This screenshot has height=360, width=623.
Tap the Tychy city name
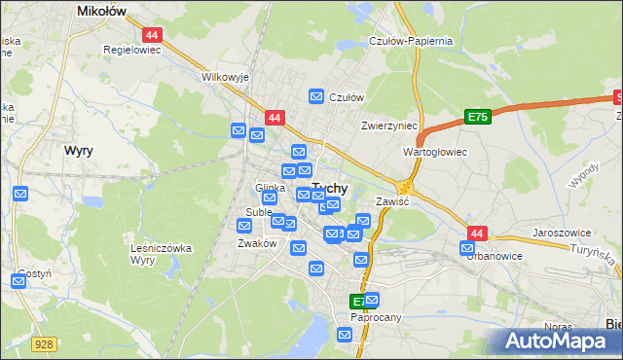click(330, 190)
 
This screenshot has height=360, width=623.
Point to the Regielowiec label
click(131, 48)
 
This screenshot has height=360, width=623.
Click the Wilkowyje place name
click(226, 76)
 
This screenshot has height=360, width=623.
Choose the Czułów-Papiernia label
click(412, 41)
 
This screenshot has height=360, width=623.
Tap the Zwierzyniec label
click(388, 126)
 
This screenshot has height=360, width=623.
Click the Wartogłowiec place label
click(435, 153)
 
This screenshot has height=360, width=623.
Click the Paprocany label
click(377, 316)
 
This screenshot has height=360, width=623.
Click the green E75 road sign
click(477, 117)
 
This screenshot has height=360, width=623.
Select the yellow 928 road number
click(42, 343)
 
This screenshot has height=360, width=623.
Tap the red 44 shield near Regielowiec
click(154, 34)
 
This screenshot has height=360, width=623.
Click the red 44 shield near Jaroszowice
click(477, 234)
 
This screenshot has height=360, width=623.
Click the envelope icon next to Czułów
click(316, 96)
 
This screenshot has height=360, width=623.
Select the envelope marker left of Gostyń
click(18, 282)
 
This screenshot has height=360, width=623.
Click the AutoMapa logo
click(557, 341)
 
